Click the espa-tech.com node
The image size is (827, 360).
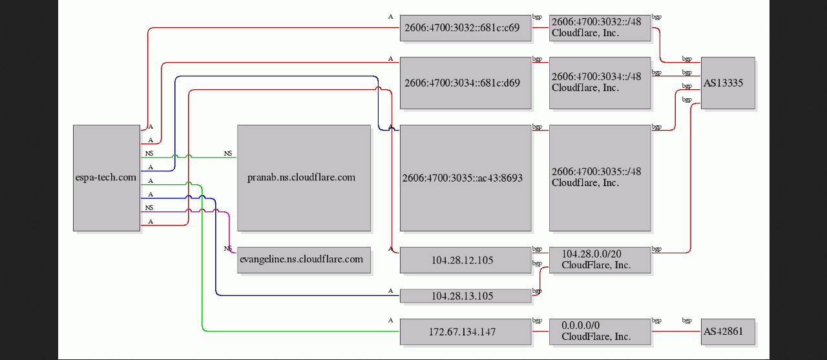107,178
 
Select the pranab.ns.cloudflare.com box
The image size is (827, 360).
304,178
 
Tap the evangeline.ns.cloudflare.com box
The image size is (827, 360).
304,260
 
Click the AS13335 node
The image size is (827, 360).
728,83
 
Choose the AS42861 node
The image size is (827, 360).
728,332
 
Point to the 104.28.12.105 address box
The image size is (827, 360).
466,260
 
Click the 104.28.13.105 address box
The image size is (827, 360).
466,296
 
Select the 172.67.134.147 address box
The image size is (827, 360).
466,332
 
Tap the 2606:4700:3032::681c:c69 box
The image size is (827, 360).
466,28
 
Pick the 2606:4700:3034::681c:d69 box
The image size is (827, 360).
466,83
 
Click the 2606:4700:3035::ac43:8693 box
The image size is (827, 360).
466,178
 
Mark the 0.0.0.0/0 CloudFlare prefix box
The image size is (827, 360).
600,332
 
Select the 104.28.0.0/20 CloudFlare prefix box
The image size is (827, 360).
600,260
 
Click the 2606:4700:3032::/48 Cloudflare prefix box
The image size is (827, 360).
600,28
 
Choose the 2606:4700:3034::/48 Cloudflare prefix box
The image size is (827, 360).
600,83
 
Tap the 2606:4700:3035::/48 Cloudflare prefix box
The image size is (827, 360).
600,178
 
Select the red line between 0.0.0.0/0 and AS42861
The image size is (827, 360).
676,331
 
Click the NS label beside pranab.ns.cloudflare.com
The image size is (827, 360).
228,153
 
